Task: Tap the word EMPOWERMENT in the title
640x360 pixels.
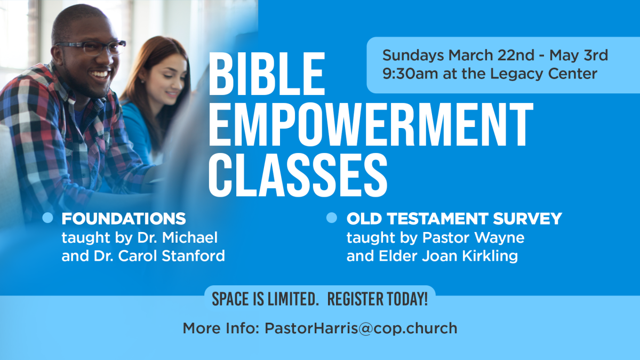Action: (x=370, y=126)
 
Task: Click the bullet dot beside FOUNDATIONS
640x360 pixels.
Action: (x=47, y=218)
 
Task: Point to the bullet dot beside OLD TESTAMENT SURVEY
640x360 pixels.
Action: (x=332, y=218)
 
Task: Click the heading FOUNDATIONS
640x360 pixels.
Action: (x=124, y=219)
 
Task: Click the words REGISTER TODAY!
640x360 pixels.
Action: (x=378, y=299)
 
